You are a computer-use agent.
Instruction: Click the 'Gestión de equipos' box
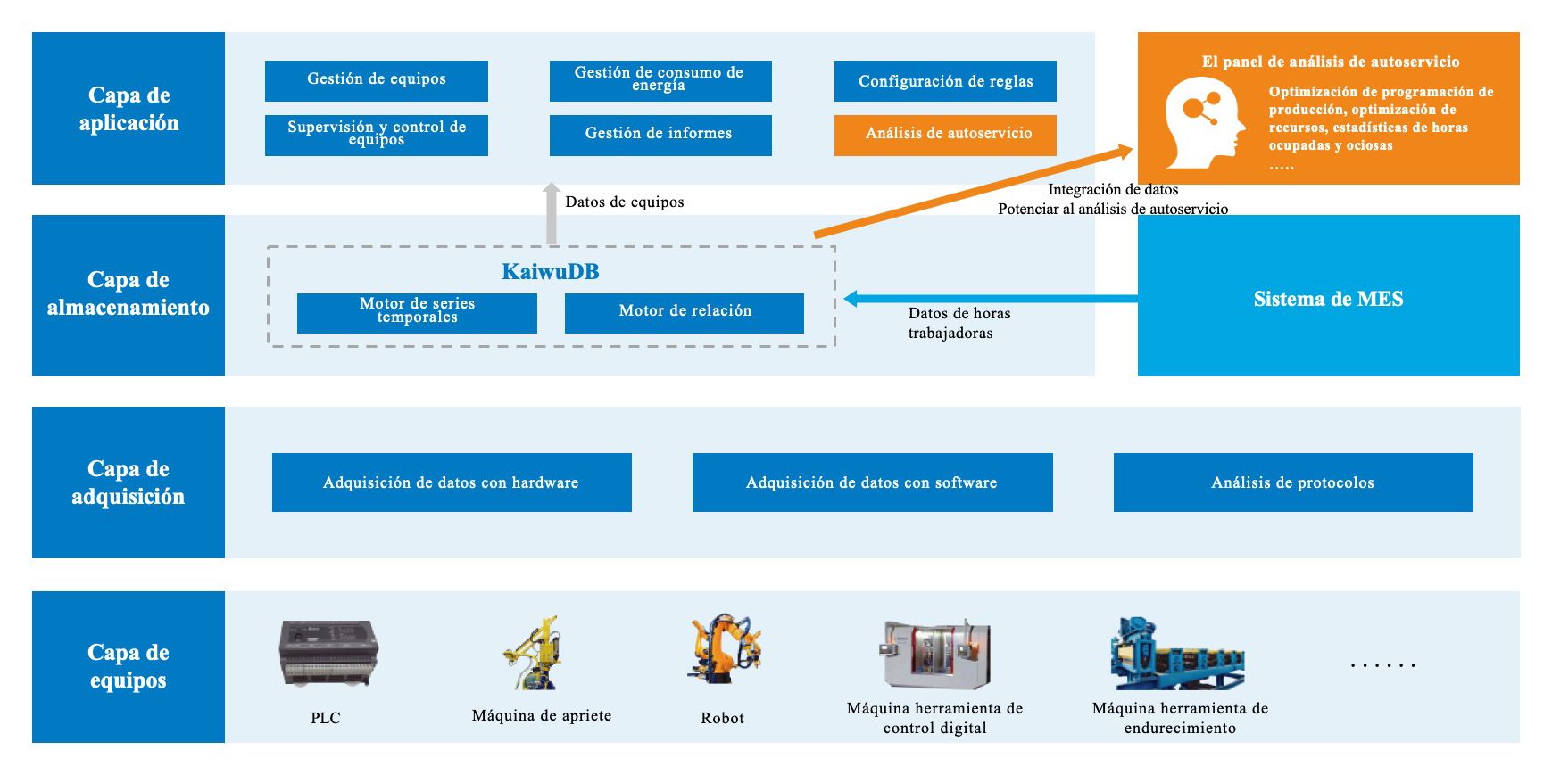click(376, 80)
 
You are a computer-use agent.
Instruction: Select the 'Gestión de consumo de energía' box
click(660, 80)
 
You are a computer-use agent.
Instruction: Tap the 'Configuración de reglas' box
click(945, 81)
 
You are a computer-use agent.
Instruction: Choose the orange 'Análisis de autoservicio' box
click(945, 135)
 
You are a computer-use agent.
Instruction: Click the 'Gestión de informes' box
click(660, 135)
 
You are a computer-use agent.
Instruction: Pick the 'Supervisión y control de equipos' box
click(376, 135)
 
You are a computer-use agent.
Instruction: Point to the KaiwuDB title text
click(550, 272)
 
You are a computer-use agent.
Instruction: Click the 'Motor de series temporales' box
click(417, 313)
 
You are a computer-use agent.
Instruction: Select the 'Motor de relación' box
click(684, 313)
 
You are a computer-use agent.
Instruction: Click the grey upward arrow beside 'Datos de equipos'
click(552, 214)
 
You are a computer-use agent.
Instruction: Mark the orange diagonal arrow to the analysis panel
click(973, 193)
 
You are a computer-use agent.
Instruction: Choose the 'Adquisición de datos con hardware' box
click(452, 482)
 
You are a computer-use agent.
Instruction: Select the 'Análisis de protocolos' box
click(1292, 482)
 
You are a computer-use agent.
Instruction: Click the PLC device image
click(328, 654)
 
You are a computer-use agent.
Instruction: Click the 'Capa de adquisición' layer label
click(129, 482)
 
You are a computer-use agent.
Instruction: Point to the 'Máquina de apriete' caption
click(542, 715)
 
